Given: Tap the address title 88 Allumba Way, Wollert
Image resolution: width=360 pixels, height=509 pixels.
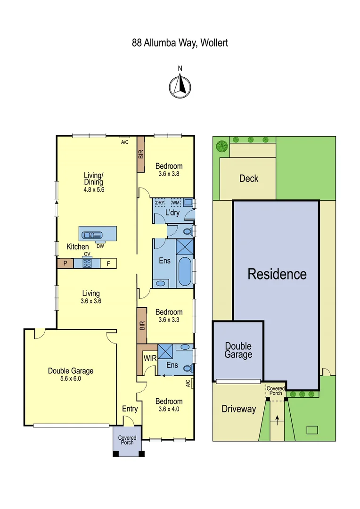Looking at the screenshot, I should tap(180, 43).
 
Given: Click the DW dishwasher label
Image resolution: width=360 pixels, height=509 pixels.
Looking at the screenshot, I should tap(100, 246).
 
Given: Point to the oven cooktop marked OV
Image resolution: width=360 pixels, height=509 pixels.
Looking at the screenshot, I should tap(87, 263).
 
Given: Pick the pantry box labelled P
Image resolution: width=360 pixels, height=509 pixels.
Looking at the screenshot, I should tap(63, 263).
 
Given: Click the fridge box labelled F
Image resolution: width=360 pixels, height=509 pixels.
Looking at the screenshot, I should tap(108, 263).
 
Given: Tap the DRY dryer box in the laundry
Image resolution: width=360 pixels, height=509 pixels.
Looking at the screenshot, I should tap(160, 203).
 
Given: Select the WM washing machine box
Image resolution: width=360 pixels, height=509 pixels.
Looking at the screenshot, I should tap(176, 203).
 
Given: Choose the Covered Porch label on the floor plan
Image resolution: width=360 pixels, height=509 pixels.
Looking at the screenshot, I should tap(127, 440).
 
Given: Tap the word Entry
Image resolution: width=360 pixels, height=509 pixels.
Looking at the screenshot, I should tap(130, 409).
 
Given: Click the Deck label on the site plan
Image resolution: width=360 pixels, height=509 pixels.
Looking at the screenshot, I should tap(248, 179).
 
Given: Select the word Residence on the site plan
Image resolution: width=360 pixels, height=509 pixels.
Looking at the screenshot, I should tap(277, 274).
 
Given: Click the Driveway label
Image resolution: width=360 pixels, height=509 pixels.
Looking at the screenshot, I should tap(238, 409).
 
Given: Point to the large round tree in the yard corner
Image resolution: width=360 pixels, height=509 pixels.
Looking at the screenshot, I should tap(221, 146).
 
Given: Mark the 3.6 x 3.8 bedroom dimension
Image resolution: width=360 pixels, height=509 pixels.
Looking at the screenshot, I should tap(169, 173).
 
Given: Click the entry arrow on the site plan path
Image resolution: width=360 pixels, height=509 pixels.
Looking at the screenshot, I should tap(277, 419).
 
